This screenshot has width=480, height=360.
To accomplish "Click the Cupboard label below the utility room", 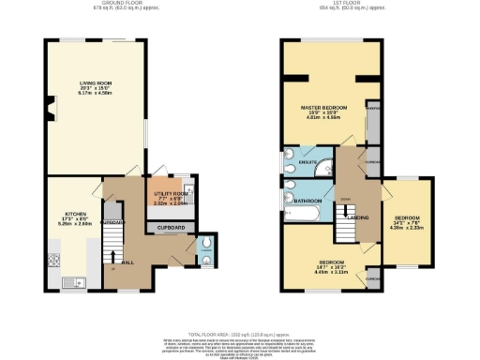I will click(170, 228).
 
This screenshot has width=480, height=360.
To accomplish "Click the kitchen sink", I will click(71, 281).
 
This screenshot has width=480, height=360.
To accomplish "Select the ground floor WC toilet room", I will click(206, 249).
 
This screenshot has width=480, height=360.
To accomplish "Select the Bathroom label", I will click(309, 201).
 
